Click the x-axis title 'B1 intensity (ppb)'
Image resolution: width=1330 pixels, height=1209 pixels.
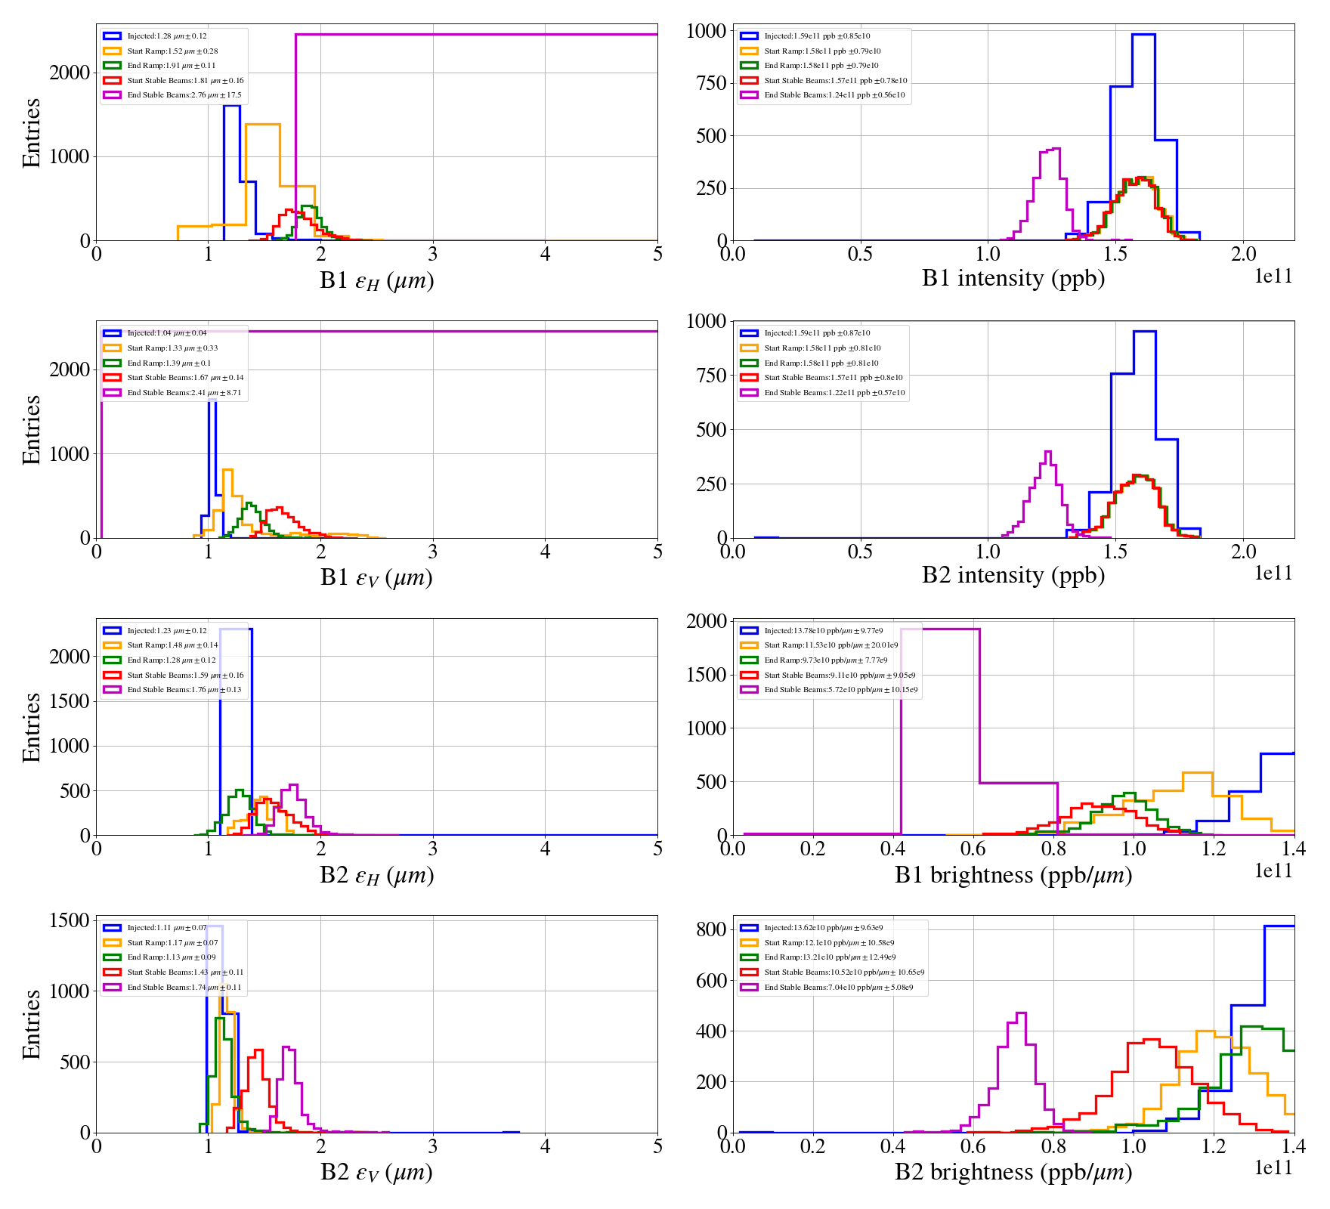(1013, 279)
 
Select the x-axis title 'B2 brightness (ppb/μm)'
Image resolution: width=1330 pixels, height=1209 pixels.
(1013, 1172)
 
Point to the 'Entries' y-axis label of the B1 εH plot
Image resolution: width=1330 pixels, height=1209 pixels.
(31, 132)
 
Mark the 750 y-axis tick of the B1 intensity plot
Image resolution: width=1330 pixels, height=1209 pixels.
(710, 83)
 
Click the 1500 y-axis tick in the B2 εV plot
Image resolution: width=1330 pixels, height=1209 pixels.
(70, 920)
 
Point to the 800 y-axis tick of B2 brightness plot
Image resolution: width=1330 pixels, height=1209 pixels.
(710, 929)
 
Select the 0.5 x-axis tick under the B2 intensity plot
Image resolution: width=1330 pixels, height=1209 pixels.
(860, 552)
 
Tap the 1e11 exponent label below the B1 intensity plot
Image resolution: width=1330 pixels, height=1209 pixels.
(1273, 277)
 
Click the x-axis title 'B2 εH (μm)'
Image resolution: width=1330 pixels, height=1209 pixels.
(376, 876)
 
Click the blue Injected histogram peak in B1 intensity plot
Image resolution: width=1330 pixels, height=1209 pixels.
(1143, 35)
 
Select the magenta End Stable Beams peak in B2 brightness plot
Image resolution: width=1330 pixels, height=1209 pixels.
(1021, 1013)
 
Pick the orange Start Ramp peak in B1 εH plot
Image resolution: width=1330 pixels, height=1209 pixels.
(263, 124)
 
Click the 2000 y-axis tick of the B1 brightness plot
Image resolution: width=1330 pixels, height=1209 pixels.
(706, 621)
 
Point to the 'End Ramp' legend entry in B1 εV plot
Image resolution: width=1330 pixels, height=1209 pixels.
(169, 363)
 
